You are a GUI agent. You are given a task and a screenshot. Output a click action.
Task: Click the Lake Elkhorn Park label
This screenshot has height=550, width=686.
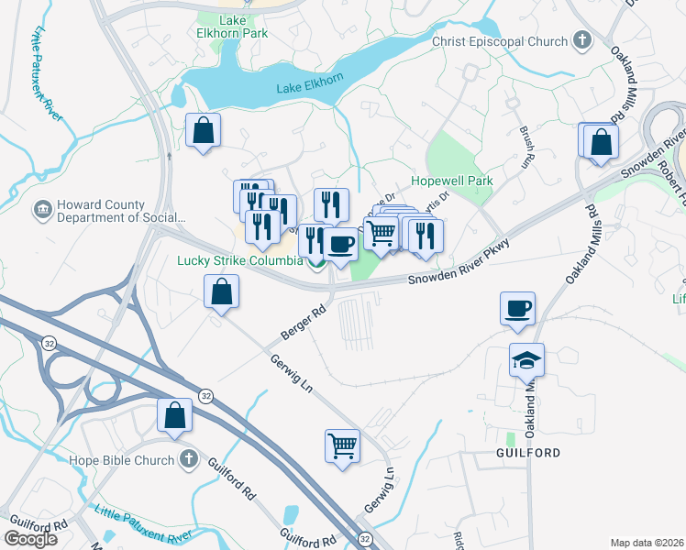tap(244, 26)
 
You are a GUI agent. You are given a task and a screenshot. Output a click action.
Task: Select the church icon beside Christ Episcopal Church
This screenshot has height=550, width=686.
tap(581, 40)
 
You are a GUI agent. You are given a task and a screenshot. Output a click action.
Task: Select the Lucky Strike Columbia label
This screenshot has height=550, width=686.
tap(239, 260)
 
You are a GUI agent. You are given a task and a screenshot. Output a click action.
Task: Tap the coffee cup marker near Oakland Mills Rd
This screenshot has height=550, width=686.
tap(518, 310)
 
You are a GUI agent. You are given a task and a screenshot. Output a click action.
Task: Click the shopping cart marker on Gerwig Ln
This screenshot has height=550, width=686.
tap(342, 446)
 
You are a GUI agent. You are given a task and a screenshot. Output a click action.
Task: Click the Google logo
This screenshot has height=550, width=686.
tap(30, 539)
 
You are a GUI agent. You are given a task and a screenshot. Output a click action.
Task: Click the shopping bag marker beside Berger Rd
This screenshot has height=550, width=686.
tap(221, 294)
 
